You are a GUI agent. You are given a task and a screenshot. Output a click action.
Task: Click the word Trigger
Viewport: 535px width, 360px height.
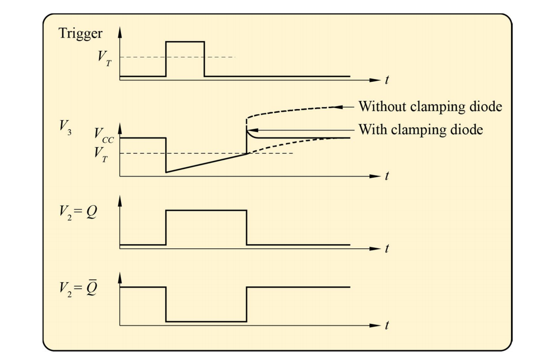pos(80,34)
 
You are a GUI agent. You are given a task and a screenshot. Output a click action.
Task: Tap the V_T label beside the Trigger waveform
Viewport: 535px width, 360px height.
pos(105,57)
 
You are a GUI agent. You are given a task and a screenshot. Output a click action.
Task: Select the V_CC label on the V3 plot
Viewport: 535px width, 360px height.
pos(104,135)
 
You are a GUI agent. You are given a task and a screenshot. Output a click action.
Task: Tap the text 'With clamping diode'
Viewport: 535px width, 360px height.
pos(421,129)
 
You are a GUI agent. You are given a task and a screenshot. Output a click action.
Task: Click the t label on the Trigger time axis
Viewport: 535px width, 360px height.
pos(388,80)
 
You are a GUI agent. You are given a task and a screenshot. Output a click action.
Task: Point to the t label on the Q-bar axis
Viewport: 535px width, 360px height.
pos(388,325)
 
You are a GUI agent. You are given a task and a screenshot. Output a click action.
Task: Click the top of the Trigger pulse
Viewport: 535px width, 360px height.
pos(185,42)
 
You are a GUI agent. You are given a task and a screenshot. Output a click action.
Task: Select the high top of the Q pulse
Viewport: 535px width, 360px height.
pos(206,210)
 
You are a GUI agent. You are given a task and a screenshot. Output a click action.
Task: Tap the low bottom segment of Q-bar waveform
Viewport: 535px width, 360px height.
pos(206,321)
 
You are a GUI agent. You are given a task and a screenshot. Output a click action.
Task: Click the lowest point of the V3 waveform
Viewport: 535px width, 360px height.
pos(166,173)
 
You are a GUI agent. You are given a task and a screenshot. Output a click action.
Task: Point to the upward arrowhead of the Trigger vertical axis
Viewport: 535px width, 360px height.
pos(120,30)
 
